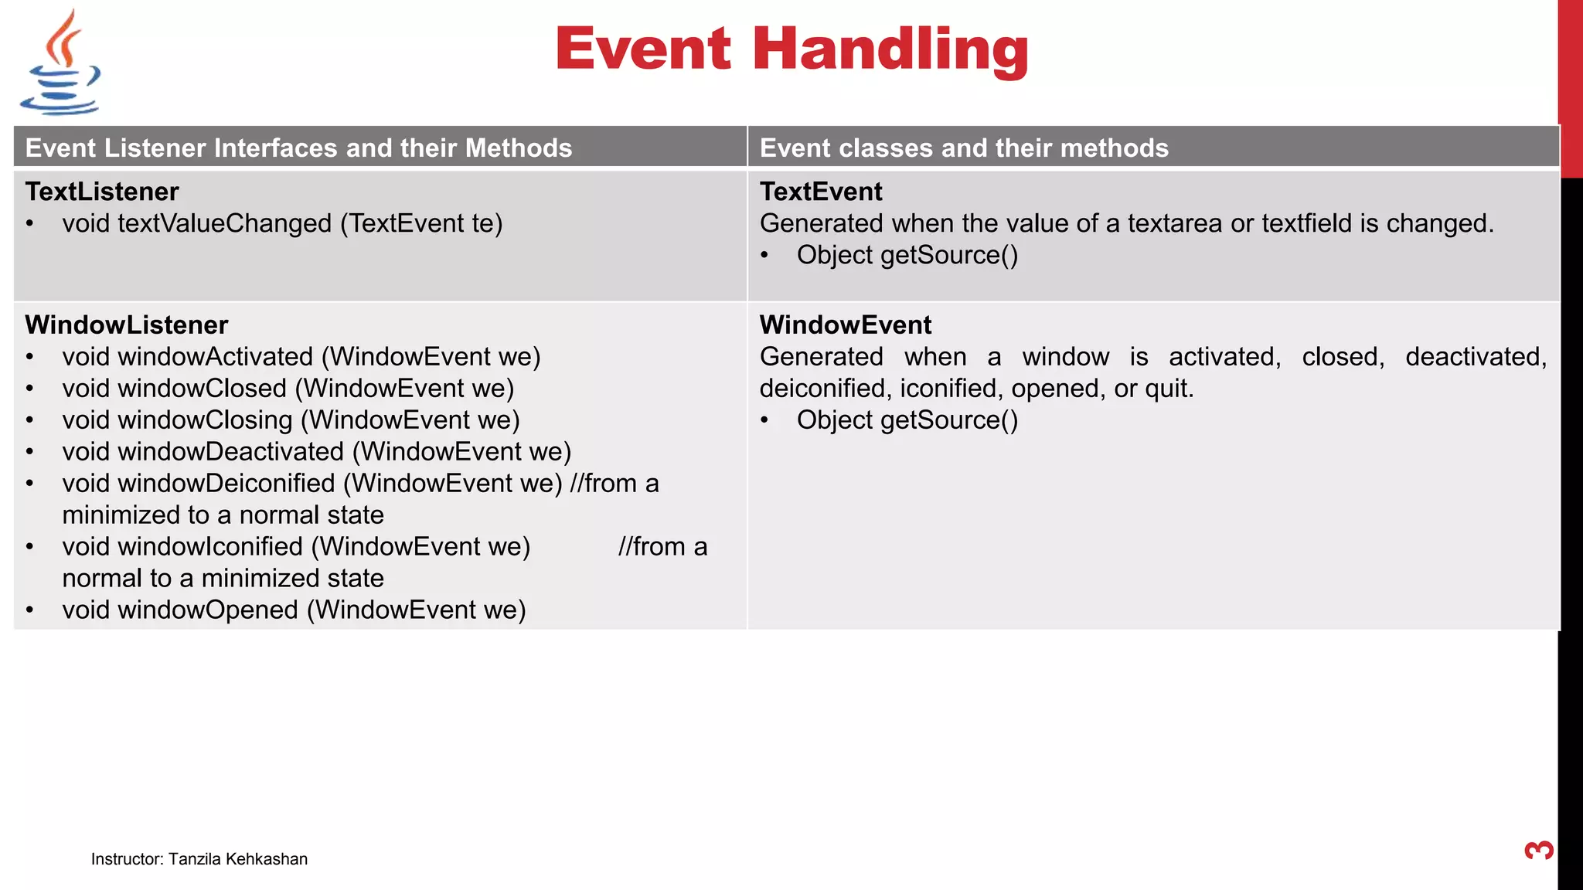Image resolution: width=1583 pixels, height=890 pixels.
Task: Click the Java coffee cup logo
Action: tap(60, 63)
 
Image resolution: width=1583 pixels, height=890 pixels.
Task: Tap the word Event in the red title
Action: tap(642, 49)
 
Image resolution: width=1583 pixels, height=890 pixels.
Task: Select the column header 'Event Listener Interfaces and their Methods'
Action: tap(298, 148)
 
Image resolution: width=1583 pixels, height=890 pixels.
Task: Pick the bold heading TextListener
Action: tap(101, 192)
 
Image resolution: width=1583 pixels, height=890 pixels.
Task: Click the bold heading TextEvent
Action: tap(820, 192)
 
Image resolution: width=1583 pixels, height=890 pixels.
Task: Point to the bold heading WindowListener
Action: tap(126, 324)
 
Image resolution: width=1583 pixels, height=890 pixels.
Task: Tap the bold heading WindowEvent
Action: tap(845, 324)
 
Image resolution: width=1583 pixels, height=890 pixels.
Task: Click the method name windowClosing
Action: tap(205, 420)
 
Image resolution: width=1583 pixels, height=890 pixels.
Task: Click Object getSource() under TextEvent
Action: tap(907, 255)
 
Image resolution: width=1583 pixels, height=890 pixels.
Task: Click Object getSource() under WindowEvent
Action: tap(907, 420)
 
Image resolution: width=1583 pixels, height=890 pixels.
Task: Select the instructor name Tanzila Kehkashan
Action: tap(237, 859)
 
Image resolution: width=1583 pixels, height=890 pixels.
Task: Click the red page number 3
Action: tap(1538, 851)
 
